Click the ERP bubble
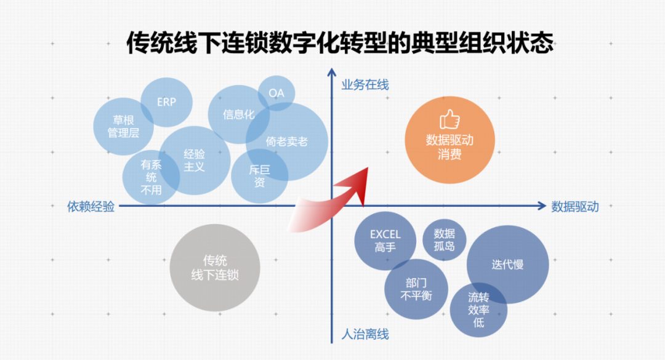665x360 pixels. pyautogui.click(x=166, y=102)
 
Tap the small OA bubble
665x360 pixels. pyautogui.click(x=276, y=93)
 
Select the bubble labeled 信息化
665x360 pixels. pyautogui.click(x=238, y=114)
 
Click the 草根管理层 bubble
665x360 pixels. pyautogui.click(x=123, y=126)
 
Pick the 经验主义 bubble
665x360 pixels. pyautogui.click(x=194, y=160)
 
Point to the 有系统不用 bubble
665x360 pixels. pyautogui.click(x=151, y=177)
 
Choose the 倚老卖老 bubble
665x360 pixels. pyautogui.click(x=287, y=142)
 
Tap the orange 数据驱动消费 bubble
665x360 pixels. pyautogui.click(x=449, y=145)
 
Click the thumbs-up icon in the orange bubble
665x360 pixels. pyautogui.click(x=449, y=119)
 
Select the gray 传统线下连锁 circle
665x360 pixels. pyautogui.click(x=215, y=268)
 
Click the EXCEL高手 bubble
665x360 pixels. pyautogui.click(x=385, y=241)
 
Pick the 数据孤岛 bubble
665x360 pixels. pyautogui.click(x=445, y=240)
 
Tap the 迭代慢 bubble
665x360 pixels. pyautogui.click(x=507, y=265)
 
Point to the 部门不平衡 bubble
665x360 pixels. pyautogui.click(x=416, y=289)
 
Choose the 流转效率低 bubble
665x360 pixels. pyautogui.click(x=478, y=310)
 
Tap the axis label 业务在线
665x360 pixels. pyautogui.click(x=365, y=85)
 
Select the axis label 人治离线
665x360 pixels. pyautogui.click(x=365, y=335)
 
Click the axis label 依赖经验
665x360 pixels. pyautogui.click(x=91, y=207)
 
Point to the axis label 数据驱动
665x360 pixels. pyautogui.click(x=575, y=207)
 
